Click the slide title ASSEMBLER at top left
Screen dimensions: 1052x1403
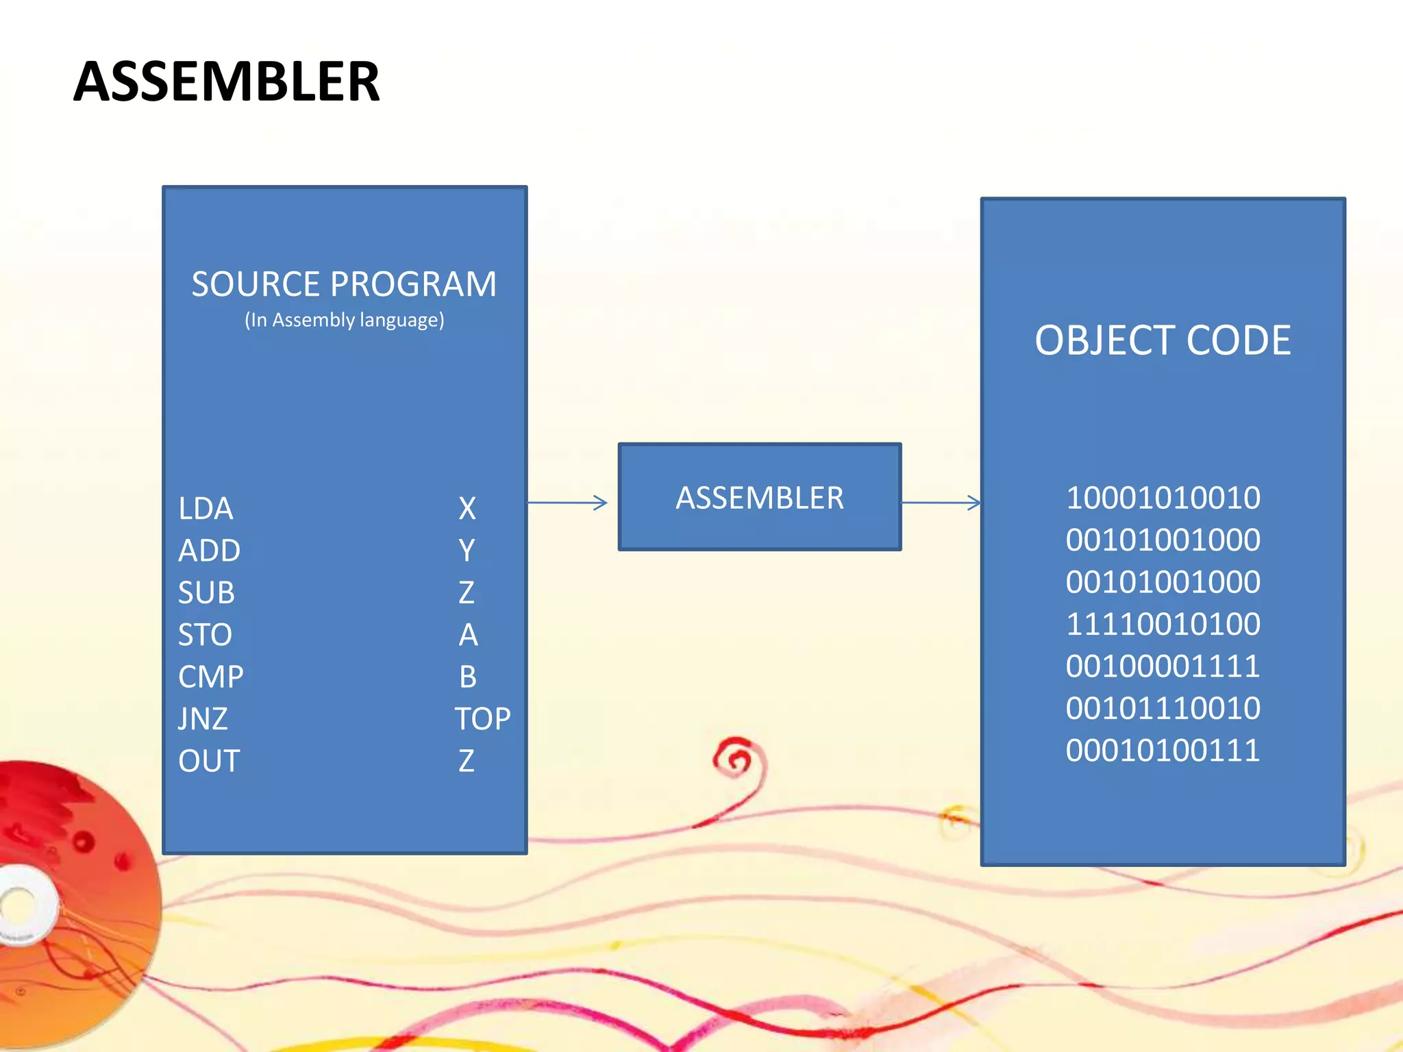226,82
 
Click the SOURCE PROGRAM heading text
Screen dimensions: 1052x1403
344,284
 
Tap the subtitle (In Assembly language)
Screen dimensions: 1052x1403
345,321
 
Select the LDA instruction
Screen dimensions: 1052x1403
206,509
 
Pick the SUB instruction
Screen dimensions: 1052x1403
206,593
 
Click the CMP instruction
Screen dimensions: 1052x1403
211,677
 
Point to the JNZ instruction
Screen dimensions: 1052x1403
203,719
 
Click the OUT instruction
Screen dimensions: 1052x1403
209,762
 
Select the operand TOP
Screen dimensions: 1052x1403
483,719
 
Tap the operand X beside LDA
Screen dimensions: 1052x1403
467,509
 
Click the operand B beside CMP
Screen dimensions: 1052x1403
468,677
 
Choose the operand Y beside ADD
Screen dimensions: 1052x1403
467,551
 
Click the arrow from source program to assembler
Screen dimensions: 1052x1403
567,503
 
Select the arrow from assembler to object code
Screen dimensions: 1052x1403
941,503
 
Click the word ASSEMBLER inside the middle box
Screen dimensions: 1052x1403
760,498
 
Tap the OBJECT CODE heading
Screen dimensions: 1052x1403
1163,340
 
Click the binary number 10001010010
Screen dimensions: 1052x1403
1163,498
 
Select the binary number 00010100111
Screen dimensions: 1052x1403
1163,751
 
